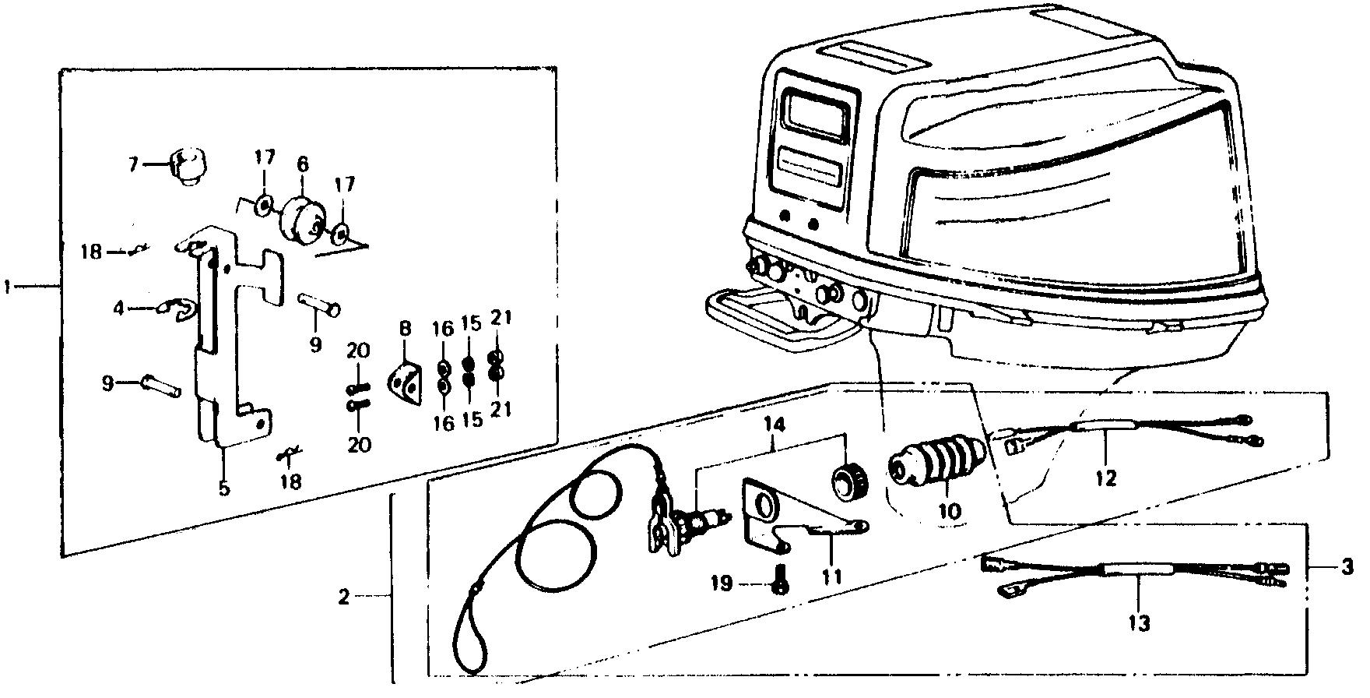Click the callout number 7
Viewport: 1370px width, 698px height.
coord(133,164)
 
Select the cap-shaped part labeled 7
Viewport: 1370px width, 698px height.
coord(184,167)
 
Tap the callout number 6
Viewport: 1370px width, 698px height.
coord(302,164)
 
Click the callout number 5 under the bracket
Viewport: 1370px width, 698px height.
coord(224,489)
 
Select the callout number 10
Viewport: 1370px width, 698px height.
coord(950,511)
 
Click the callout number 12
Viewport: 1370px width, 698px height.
coord(1106,478)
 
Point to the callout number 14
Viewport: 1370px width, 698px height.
coord(774,425)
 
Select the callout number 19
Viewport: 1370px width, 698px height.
coord(722,583)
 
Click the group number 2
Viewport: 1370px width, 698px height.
coord(345,598)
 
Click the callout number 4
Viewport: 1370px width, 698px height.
coord(118,309)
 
